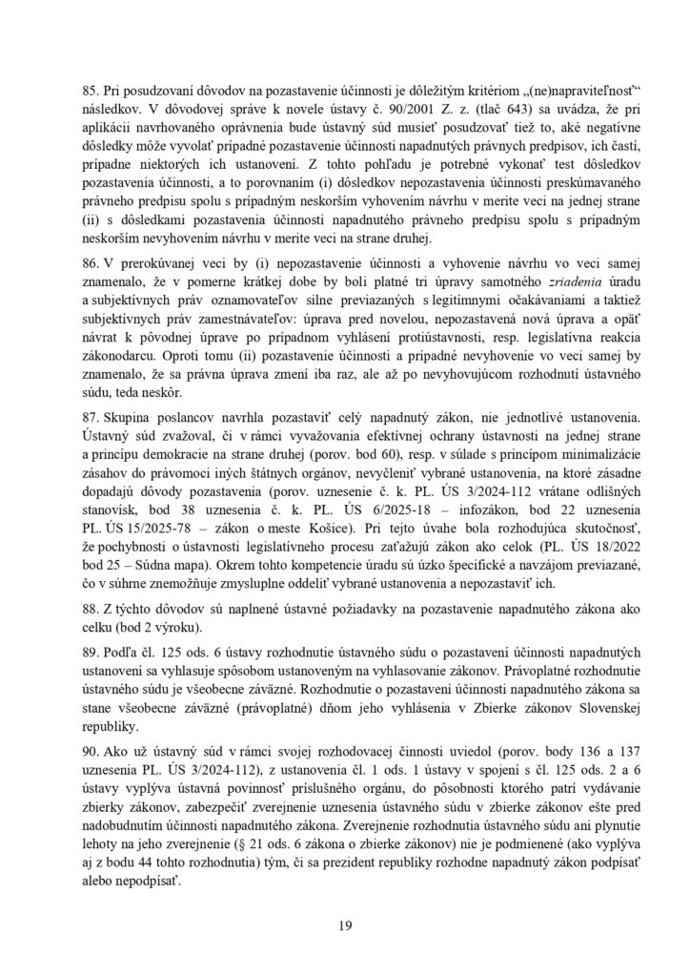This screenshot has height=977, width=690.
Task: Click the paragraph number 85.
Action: click(92, 95)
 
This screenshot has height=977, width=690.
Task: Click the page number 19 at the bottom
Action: click(345, 925)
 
